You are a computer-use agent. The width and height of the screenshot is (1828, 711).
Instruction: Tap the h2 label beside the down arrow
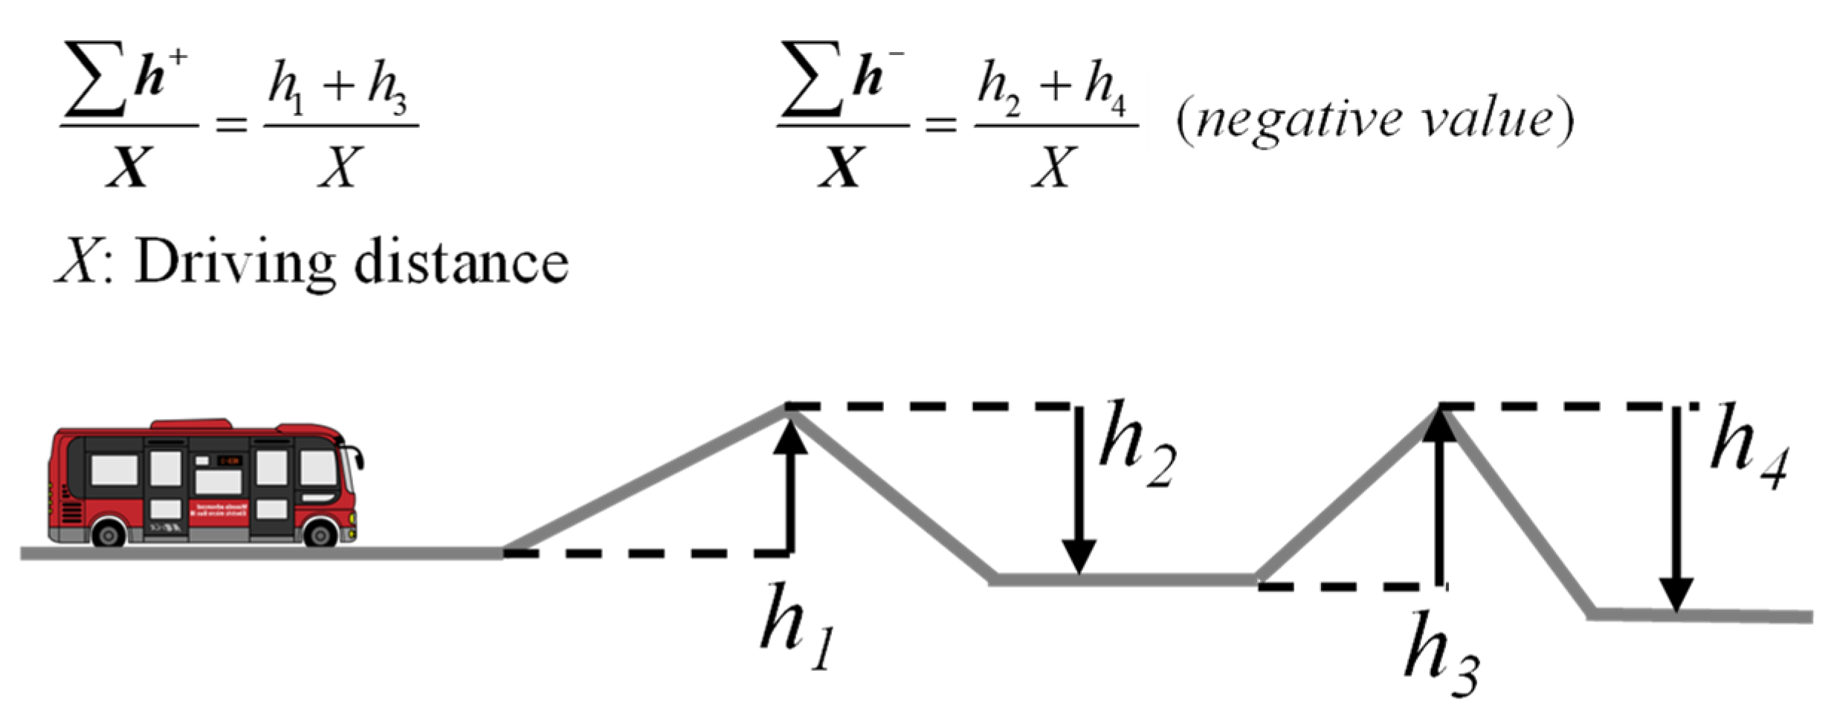(x=1136, y=446)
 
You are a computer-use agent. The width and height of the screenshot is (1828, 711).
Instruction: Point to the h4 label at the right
(x=1748, y=448)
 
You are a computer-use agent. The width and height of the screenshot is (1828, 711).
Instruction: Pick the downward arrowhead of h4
(x=1676, y=595)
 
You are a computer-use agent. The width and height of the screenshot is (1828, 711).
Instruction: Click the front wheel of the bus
(x=321, y=534)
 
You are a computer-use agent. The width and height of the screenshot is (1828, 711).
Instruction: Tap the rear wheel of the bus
(x=109, y=534)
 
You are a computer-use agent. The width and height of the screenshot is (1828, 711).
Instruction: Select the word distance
(x=461, y=264)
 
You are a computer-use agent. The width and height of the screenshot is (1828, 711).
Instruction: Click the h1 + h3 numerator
(x=339, y=88)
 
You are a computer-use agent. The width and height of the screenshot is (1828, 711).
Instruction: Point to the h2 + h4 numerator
(x=1053, y=88)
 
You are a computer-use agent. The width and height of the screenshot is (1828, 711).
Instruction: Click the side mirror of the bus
(x=359, y=458)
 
